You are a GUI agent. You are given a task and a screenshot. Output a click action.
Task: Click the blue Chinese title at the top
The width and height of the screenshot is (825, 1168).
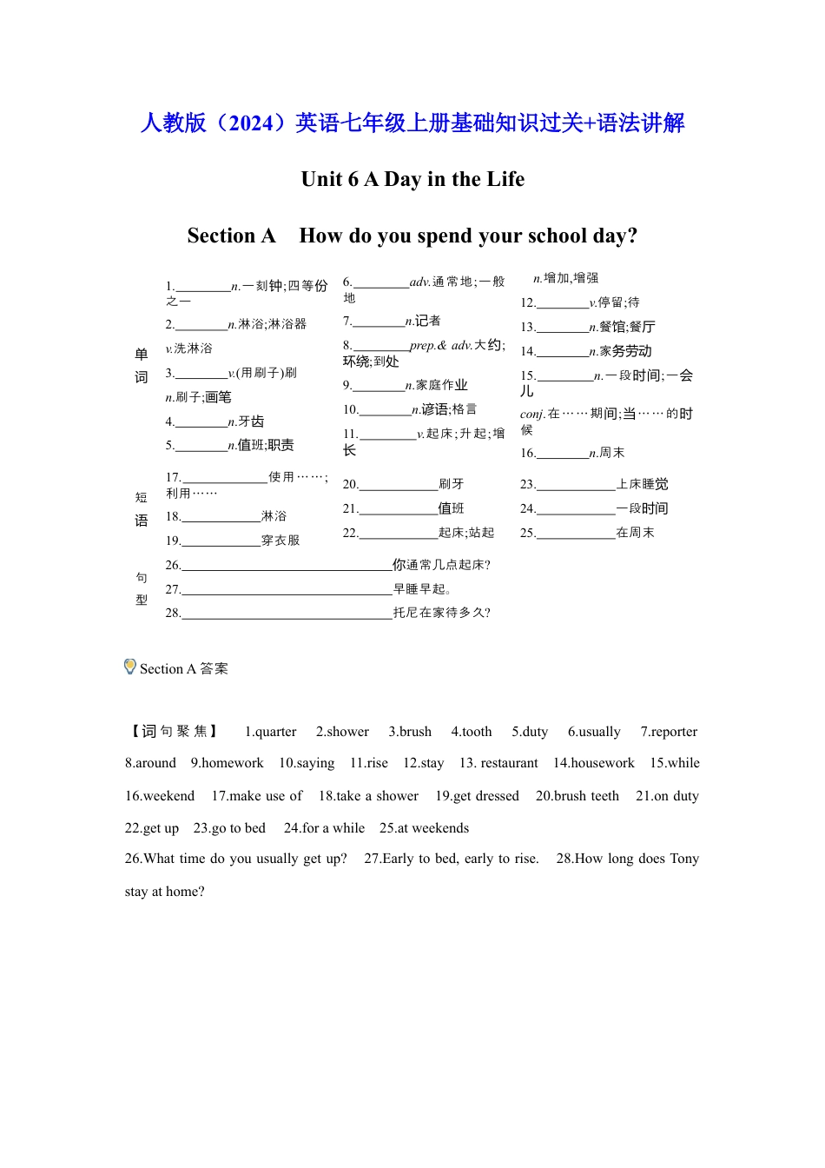click(412, 123)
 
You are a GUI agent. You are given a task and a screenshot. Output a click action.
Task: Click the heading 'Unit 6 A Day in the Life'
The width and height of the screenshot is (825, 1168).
click(412, 180)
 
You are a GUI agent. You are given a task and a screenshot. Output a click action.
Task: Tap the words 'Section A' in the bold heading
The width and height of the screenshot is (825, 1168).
click(231, 236)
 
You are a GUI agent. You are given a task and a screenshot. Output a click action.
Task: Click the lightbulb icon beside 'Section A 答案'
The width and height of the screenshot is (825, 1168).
click(130, 667)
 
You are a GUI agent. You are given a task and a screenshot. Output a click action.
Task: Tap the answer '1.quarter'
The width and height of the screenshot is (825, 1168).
click(270, 732)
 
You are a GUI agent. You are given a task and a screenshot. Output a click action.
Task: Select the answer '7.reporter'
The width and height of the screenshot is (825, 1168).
click(669, 732)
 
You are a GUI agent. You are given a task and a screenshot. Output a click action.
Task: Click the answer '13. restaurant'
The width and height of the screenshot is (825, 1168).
click(498, 763)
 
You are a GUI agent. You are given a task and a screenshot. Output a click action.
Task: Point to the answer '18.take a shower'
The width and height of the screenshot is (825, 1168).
click(368, 796)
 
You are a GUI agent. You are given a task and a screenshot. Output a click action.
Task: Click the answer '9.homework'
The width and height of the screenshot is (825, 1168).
click(227, 763)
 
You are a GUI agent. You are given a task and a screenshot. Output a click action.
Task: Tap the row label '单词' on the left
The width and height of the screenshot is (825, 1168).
click(142, 365)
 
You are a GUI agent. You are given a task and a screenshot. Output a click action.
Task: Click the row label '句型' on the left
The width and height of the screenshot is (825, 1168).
click(142, 588)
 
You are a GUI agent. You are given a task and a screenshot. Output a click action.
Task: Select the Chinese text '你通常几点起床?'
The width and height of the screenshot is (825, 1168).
click(441, 565)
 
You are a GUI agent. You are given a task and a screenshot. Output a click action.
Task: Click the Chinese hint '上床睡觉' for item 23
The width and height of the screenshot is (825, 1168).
click(643, 484)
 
